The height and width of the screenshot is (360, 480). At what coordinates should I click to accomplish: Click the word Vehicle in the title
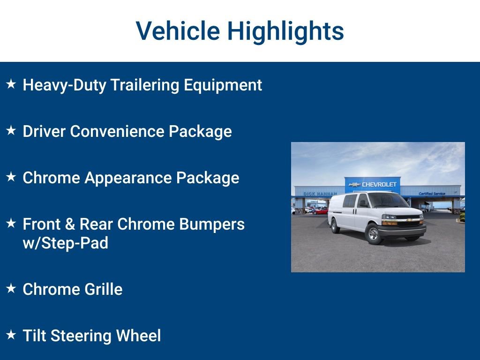[178, 31]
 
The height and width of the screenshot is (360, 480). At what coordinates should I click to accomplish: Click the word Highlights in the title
[285, 31]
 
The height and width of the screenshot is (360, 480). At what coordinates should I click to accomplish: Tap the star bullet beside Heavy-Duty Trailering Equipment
[11, 84]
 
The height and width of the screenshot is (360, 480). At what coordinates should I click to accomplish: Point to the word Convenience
[119, 132]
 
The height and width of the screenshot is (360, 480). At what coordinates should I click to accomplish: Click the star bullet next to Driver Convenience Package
[11, 131]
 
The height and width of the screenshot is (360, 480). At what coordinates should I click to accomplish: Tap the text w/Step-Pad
[65, 243]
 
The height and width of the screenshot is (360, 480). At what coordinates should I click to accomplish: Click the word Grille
[104, 289]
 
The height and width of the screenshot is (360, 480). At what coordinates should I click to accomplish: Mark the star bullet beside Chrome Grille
[11, 289]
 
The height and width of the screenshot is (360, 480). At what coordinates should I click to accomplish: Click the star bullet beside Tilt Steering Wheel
[11, 335]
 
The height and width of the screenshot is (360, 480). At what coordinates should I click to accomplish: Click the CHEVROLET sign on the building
[374, 185]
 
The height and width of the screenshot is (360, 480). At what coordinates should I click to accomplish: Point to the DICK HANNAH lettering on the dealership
[320, 194]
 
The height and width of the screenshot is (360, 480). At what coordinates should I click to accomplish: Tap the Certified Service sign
[432, 194]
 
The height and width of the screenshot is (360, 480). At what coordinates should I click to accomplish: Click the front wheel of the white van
[373, 234]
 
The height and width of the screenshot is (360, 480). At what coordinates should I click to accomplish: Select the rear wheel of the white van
[335, 226]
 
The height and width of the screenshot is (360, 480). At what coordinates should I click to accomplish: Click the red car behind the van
[321, 211]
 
